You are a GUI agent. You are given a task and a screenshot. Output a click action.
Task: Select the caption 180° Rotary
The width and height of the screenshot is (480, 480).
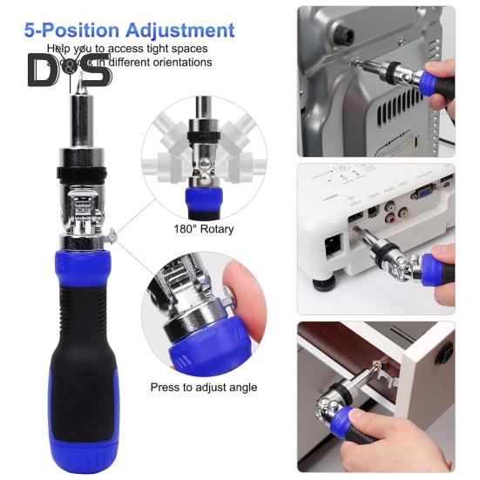point(204,229)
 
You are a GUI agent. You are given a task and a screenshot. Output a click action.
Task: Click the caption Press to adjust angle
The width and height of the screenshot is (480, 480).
point(203,387)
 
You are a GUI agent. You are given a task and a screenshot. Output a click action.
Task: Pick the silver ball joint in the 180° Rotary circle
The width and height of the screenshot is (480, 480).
point(202,166)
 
